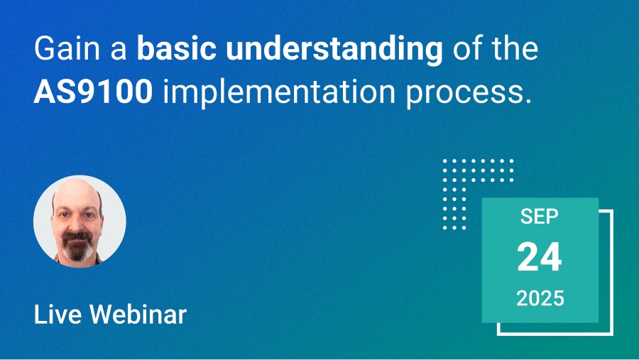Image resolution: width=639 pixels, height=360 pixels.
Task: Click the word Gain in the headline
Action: pyautogui.click(x=67, y=49)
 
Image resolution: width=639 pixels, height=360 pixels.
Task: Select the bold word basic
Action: pyautogui.click(x=177, y=48)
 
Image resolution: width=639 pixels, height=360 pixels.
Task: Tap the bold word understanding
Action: pyautogui.click(x=334, y=50)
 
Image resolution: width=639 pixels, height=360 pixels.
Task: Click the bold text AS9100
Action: pyautogui.click(x=93, y=92)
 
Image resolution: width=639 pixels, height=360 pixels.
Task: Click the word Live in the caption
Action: pyautogui.click(x=58, y=315)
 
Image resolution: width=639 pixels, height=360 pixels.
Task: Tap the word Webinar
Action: pyautogui.click(x=138, y=315)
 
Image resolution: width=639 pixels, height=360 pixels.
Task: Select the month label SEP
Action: pyautogui.click(x=539, y=216)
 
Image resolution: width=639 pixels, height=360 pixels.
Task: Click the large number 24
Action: pyautogui.click(x=540, y=257)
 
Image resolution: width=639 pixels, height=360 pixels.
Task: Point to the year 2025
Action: pyautogui.click(x=540, y=298)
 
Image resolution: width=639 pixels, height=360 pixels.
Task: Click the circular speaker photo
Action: pyautogui.click(x=80, y=222)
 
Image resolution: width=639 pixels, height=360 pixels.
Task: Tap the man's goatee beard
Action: pyautogui.click(x=77, y=246)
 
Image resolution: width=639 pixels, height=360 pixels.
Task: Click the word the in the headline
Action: pyautogui.click(x=515, y=48)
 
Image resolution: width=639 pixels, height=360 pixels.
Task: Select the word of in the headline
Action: pyautogui.click(x=468, y=48)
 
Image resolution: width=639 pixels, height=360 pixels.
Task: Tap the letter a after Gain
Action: pyautogui.click(x=119, y=52)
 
